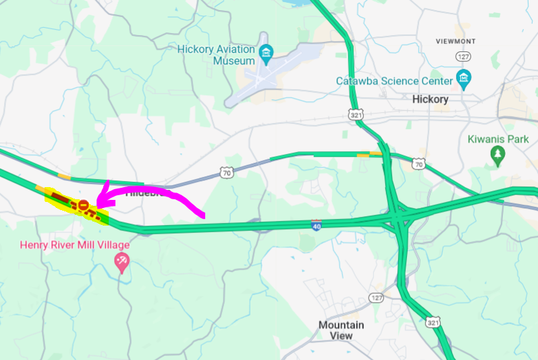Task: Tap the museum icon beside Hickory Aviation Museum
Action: tap(267, 53)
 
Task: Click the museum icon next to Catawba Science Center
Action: tap(463, 80)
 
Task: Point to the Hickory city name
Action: tap(430, 99)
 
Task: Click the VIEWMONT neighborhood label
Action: tap(456, 41)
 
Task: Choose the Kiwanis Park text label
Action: tap(498, 140)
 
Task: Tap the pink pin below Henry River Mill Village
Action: tap(122, 262)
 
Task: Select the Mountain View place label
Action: tap(341, 330)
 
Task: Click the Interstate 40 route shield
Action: tap(316, 225)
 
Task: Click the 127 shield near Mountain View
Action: tap(375, 298)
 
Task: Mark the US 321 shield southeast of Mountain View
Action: tap(433, 322)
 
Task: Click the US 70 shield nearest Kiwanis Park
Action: tap(419, 163)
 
